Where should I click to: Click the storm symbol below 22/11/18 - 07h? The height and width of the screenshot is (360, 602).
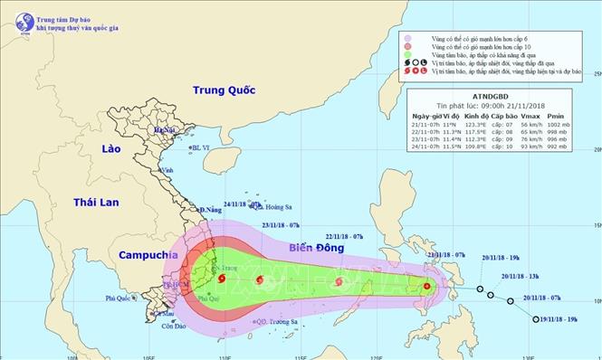point(338,282)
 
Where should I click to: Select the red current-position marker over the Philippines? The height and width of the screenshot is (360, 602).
point(427,288)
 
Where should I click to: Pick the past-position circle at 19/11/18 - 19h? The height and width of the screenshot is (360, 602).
point(535,319)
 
